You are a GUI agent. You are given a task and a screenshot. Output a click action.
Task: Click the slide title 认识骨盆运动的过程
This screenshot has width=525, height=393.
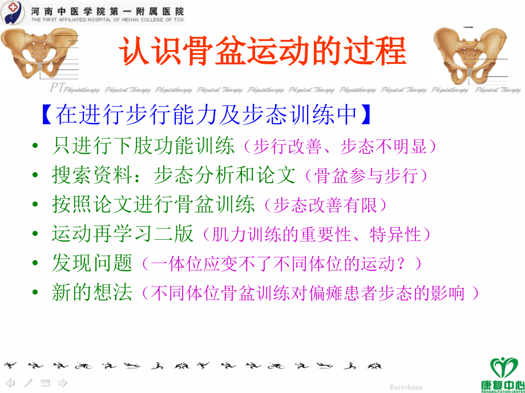pos(262,51)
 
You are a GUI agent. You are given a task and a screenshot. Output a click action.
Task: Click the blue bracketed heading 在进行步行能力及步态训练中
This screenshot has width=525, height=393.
pos(206,114)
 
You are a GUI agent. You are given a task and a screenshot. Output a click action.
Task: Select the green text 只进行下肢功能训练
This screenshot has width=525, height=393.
pos(143,146)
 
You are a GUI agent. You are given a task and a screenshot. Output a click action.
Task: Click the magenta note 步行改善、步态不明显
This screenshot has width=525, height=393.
pos(340,147)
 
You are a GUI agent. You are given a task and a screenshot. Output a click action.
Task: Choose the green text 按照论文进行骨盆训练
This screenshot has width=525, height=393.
pos(154,204)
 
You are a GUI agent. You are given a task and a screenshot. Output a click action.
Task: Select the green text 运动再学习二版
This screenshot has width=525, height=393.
pos(123,234)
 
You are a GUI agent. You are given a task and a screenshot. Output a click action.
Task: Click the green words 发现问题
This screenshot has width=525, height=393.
pos(92,263)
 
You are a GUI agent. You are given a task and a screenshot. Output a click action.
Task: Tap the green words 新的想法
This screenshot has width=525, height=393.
pos(92,293)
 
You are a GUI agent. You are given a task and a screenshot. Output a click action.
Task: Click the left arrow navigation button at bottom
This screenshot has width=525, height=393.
pos(11,383)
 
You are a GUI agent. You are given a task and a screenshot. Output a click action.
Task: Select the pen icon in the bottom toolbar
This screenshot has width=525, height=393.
pos(28,383)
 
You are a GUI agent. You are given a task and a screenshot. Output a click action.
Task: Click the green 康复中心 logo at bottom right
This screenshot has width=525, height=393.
pos(504,373)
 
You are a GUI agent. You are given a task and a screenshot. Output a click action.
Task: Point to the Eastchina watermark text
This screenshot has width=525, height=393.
pos(406,387)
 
